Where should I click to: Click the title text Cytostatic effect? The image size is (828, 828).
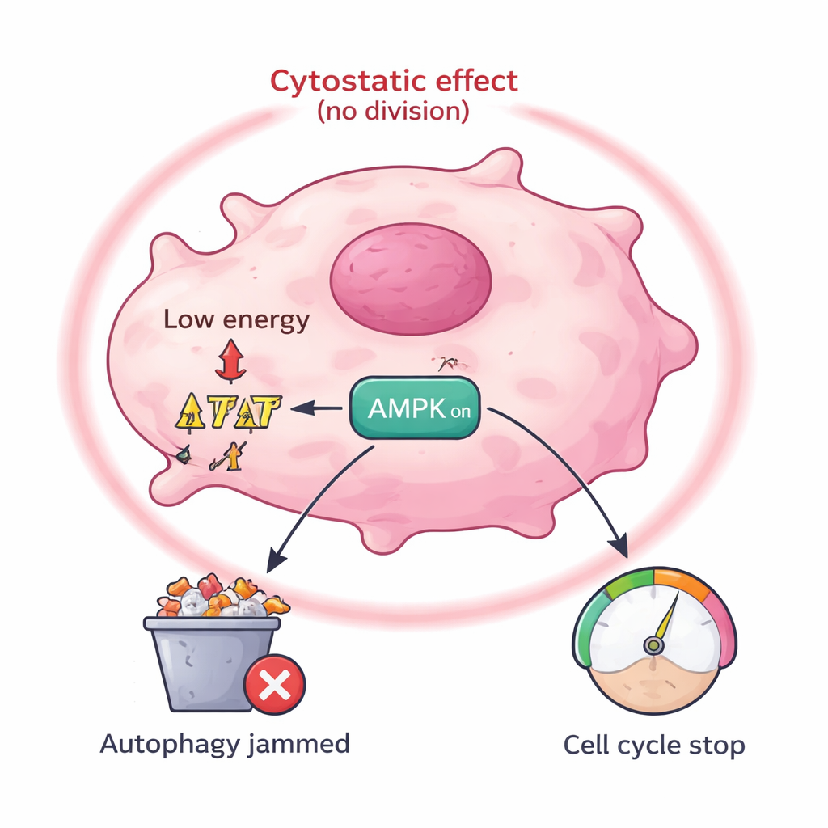(394, 82)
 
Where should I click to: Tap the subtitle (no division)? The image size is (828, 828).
(393, 111)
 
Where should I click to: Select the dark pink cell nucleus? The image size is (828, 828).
(411, 279)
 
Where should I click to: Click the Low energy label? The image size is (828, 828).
(236, 320)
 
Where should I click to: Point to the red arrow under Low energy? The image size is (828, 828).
(230, 360)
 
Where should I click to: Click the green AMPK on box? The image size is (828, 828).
(413, 408)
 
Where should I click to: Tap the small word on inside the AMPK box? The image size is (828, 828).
(460, 411)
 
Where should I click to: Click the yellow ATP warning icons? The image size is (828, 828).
(229, 411)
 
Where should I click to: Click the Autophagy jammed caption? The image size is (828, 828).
(225, 744)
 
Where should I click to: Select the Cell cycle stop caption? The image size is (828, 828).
(653, 746)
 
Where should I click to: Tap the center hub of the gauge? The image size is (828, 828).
(653, 644)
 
